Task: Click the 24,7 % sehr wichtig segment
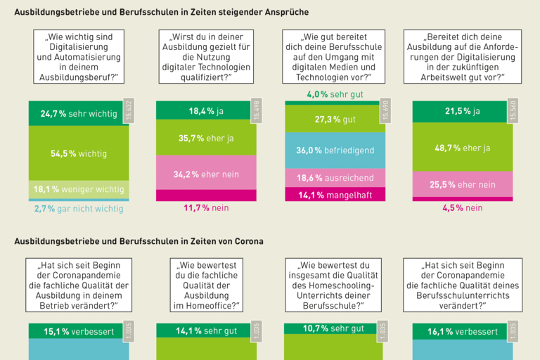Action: pyautogui.click(x=78, y=113)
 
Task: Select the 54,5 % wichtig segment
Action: pyautogui.click(x=78, y=153)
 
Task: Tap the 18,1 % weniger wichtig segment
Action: pyautogui.click(x=78, y=189)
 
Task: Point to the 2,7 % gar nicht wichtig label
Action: pyautogui.click(x=78, y=209)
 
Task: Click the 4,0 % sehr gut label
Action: pyautogui.click(x=335, y=94)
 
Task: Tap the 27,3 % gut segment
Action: pyautogui.click(x=335, y=120)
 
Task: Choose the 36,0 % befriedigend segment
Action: pyautogui.click(x=335, y=150)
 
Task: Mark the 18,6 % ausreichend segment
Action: pyautogui.click(x=335, y=178)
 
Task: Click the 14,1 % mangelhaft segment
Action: pyautogui.click(x=335, y=195)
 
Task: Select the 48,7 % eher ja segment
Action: pyautogui.click(x=462, y=148)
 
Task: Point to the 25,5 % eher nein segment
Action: pyautogui.click(x=462, y=185)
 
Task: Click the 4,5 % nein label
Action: pyautogui.click(x=462, y=208)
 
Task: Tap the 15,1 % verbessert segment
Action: pyautogui.click(x=78, y=332)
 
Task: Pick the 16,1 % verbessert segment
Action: pyautogui.click(x=462, y=332)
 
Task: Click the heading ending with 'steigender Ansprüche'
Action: pyautogui.click(x=162, y=12)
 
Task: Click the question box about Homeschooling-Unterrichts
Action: pyautogui.click(x=335, y=285)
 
